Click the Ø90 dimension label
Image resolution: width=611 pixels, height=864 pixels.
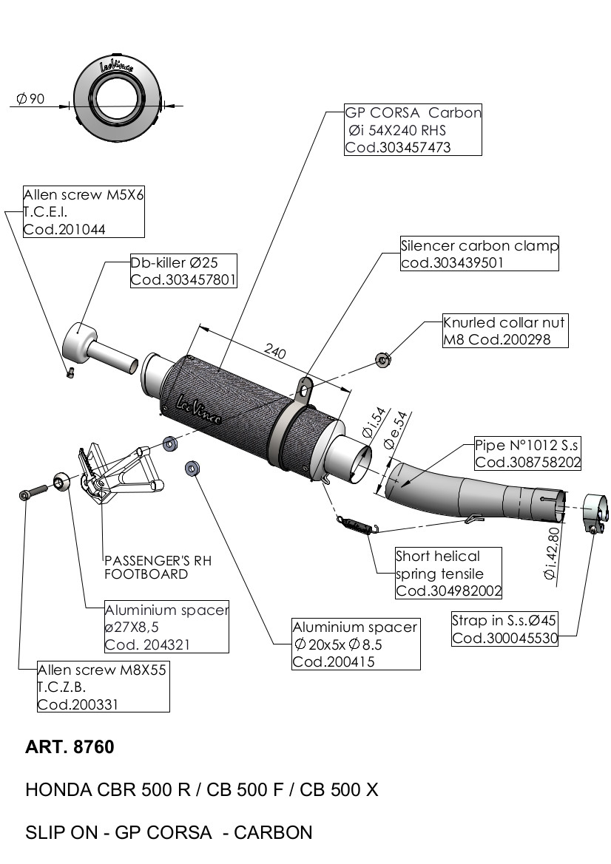click(x=30, y=99)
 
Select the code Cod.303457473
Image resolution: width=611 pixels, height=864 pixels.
click(x=398, y=147)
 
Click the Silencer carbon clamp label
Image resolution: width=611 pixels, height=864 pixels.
click(x=479, y=245)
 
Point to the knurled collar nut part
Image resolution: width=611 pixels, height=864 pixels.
click(x=382, y=360)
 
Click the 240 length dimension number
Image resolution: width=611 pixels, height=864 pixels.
click(x=275, y=353)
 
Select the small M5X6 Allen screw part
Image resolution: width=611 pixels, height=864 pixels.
click(x=70, y=373)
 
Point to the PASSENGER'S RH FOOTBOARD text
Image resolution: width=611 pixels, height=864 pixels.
click(x=158, y=567)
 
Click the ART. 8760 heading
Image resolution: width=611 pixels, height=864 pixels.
click(x=70, y=747)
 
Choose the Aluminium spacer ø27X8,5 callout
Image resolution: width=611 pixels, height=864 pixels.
click(x=166, y=627)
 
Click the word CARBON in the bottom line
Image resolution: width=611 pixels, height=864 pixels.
click(x=273, y=833)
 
